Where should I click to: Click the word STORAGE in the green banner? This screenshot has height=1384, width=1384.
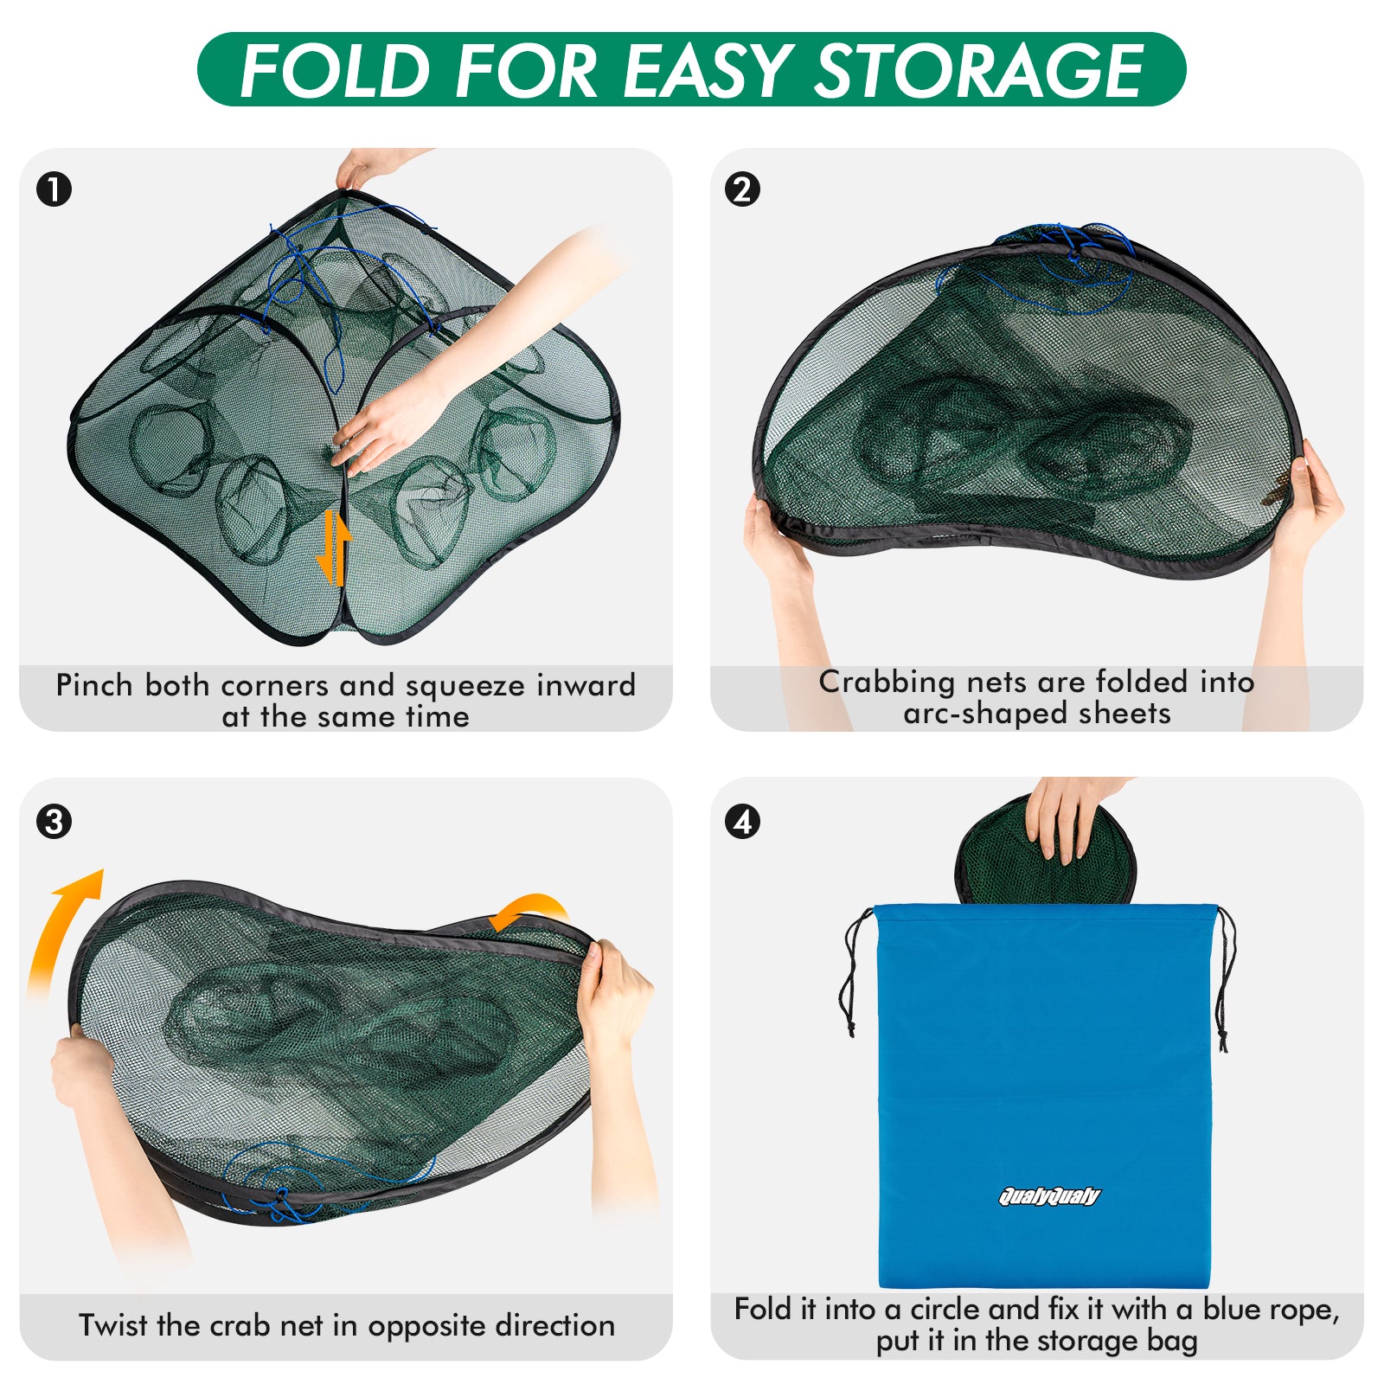tap(979, 71)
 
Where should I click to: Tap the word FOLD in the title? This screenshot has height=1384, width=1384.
tap(335, 71)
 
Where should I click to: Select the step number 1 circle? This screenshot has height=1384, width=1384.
tap(54, 189)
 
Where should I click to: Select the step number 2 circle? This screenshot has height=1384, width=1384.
tap(742, 189)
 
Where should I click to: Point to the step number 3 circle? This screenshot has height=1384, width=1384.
tap(54, 821)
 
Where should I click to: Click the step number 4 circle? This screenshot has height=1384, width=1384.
tap(742, 821)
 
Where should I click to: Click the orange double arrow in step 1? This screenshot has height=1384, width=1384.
tap(334, 548)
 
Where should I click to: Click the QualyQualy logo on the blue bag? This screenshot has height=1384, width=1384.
tap(1048, 1196)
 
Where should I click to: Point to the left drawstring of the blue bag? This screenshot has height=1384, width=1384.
tap(852, 973)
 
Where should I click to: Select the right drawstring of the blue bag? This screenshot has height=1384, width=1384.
tap(1225, 977)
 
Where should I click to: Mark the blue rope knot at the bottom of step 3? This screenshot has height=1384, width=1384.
tap(281, 1198)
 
